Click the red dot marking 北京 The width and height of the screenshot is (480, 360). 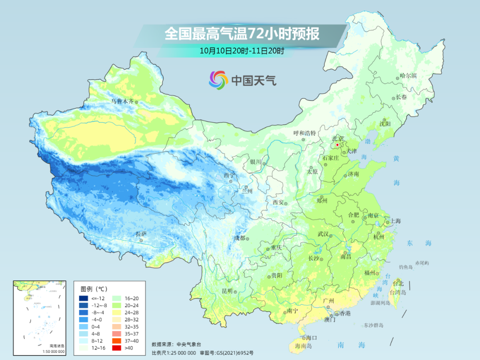[x=337, y=144]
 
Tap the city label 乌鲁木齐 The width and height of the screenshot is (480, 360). [x=122, y=101]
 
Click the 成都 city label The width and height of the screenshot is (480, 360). [x=240, y=238]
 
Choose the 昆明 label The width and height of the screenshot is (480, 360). [x=227, y=291]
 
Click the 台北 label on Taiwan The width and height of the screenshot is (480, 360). [x=398, y=283]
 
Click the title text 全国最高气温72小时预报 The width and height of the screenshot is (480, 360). [x=242, y=34]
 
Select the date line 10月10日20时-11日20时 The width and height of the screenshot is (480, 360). [x=242, y=51]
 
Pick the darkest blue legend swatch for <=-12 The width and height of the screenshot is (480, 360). [x=84, y=298]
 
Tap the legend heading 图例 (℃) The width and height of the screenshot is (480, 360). [x=95, y=288]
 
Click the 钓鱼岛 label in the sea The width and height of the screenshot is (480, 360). [x=406, y=267]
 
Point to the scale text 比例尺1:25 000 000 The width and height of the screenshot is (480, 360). [x=174, y=352]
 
